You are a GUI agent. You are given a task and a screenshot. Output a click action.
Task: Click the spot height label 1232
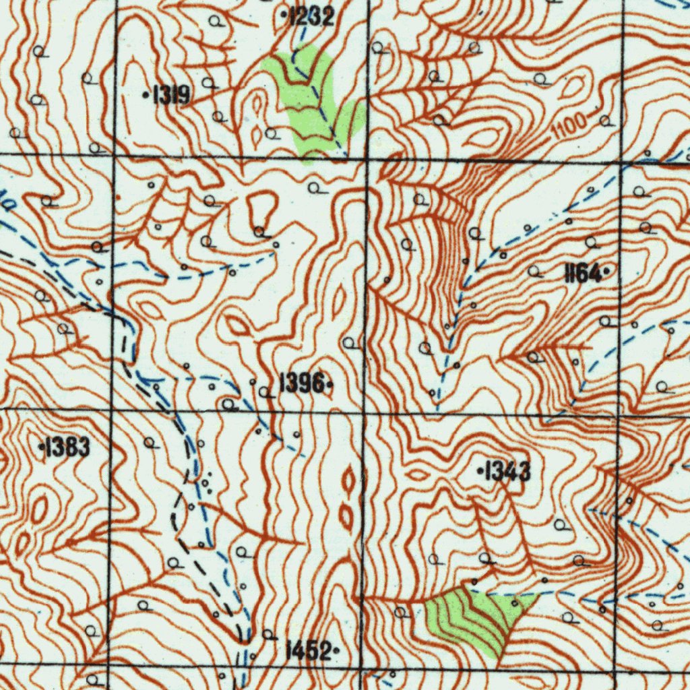(311, 16)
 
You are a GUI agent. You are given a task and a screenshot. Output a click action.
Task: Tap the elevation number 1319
(171, 96)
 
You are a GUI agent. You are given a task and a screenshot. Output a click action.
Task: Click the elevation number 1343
(507, 472)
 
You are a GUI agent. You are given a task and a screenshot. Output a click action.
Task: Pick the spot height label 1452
(309, 651)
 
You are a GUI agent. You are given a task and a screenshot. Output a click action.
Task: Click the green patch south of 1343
(475, 617)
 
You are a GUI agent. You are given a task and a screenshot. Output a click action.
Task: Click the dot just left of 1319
(147, 96)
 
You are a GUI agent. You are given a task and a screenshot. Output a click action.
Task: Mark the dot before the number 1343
(479, 471)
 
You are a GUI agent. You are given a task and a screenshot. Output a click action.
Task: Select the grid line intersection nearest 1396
(365, 411)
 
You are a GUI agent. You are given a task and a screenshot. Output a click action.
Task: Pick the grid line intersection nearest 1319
(115, 156)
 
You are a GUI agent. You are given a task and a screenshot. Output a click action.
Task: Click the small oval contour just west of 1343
(418, 474)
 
